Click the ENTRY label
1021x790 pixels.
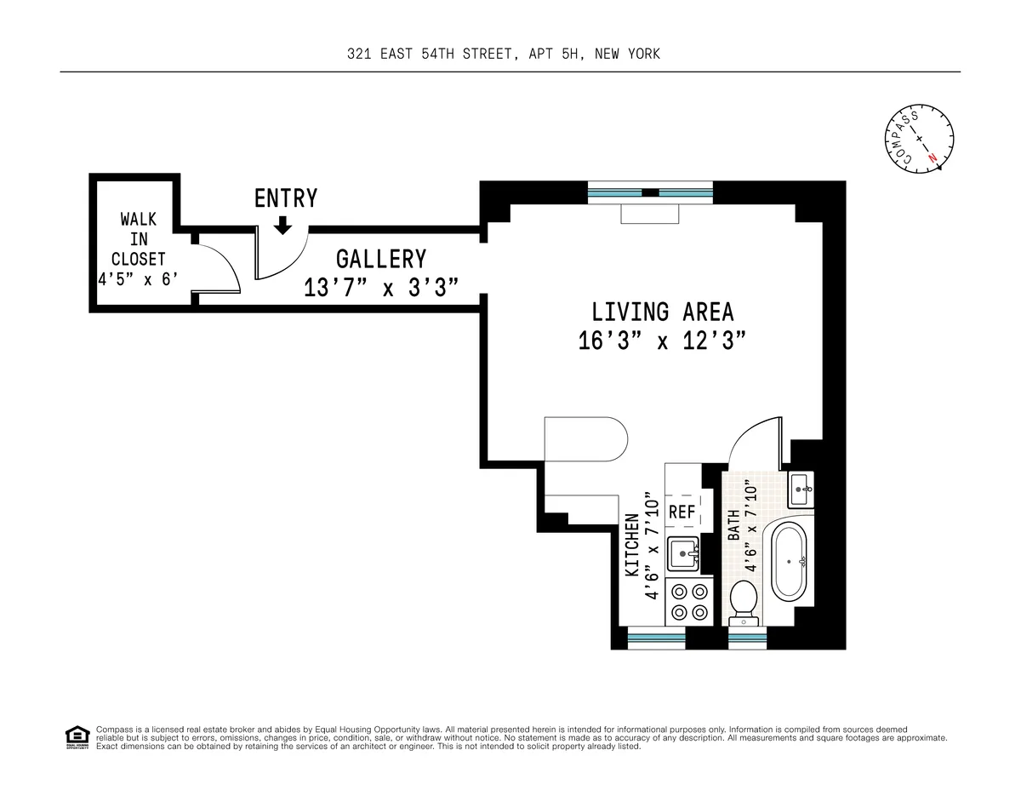click(x=286, y=198)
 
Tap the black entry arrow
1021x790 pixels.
click(x=283, y=225)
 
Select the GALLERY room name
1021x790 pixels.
click(x=380, y=259)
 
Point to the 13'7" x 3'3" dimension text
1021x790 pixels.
click(x=381, y=289)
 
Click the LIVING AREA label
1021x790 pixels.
click(x=663, y=312)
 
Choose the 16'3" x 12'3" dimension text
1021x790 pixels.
click(x=662, y=341)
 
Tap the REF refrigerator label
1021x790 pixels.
click(x=682, y=512)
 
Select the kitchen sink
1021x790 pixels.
click(x=683, y=554)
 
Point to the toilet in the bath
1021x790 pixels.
click(x=744, y=601)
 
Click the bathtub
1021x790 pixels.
click(x=791, y=562)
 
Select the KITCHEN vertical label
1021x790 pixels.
click(x=632, y=545)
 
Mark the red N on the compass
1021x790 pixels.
click(x=933, y=157)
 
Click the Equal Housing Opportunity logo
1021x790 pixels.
click(x=77, y=736)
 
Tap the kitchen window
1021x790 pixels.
click(x=656, y=635)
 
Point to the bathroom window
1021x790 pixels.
click(x=747, y=635)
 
